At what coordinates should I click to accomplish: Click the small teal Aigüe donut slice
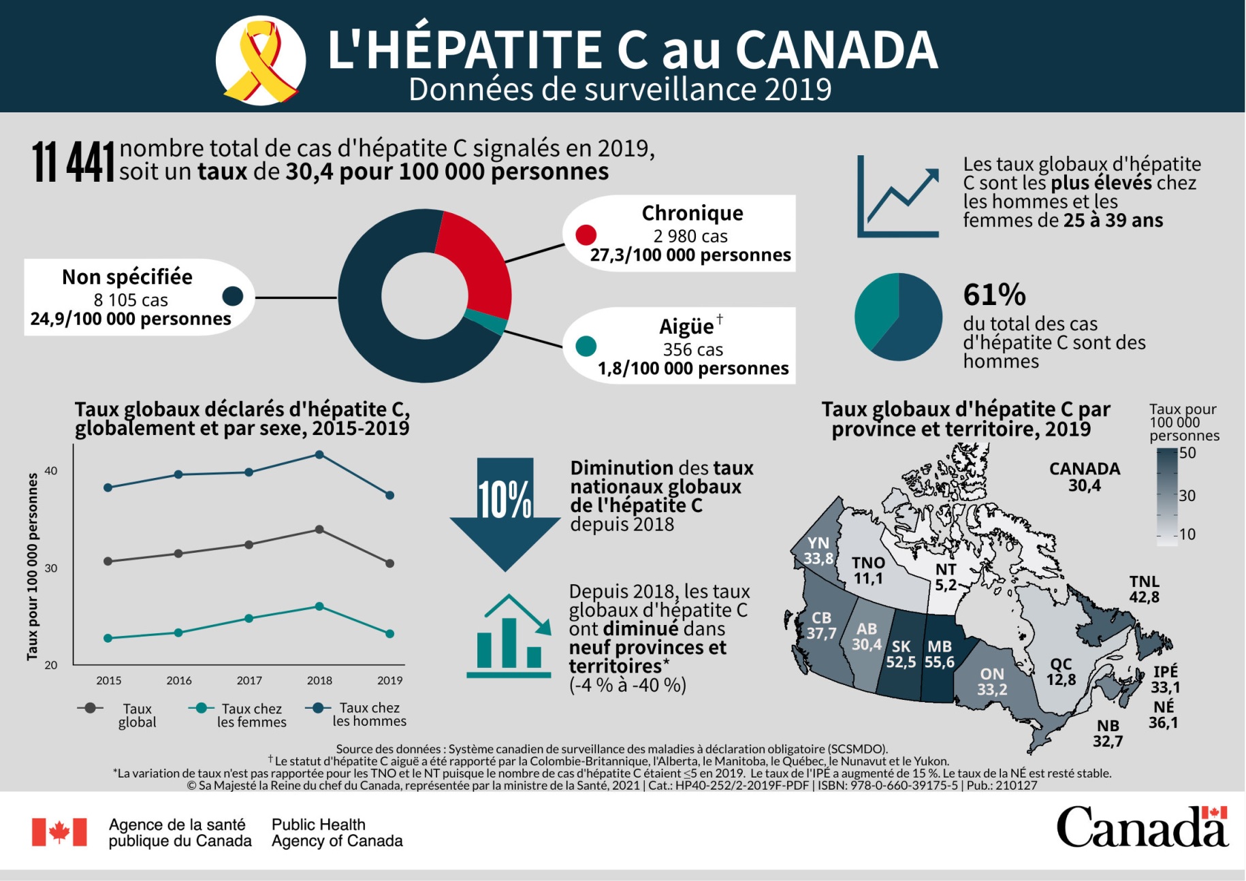coord(485,322)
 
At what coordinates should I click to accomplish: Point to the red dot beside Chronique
coord(586,235)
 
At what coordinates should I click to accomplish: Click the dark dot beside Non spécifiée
coord(233,296)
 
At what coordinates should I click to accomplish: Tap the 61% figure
coord(994,295)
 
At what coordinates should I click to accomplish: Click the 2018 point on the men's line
coord(319,455)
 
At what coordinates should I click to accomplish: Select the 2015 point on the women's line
coord(108,638)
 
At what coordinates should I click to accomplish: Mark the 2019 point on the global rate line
coord(389,564)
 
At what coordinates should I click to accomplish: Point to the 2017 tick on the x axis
coord(249,680)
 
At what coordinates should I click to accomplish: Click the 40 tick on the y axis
coord(51,470)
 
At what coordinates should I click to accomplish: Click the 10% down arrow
coord(505,511)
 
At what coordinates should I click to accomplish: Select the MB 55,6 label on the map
coord(940,654)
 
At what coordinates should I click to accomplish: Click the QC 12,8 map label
coord(1061,671)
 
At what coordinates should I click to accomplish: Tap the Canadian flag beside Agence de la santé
coord(59,832)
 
